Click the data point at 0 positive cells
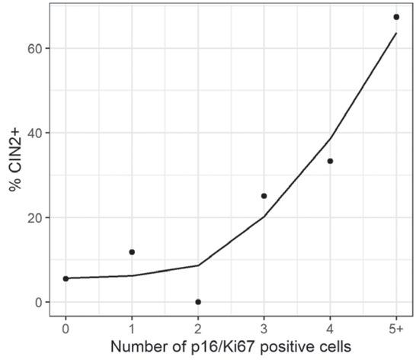[x=66, y=278]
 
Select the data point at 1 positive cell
[x=132, y=252]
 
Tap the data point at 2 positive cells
[x=198, y=302]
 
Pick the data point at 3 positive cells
[x=264, y=196]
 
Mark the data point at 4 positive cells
[x=331, y=161]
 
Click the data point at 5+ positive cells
[x=396, y=17]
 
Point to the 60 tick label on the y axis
[x=35, y=48]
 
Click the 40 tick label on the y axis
[x=35, y=133]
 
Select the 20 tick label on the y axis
[x=35, y=217]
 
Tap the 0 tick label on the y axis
[x=39, y=302]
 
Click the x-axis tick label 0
[x=66, y=329]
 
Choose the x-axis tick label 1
[x=132, y=329]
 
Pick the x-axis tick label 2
[x=198, y=329]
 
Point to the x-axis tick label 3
[x=264, y=329]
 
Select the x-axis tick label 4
[x=331, y=329]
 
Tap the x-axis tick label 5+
[x=396, y=329]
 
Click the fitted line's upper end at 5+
[x=396, y=33]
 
